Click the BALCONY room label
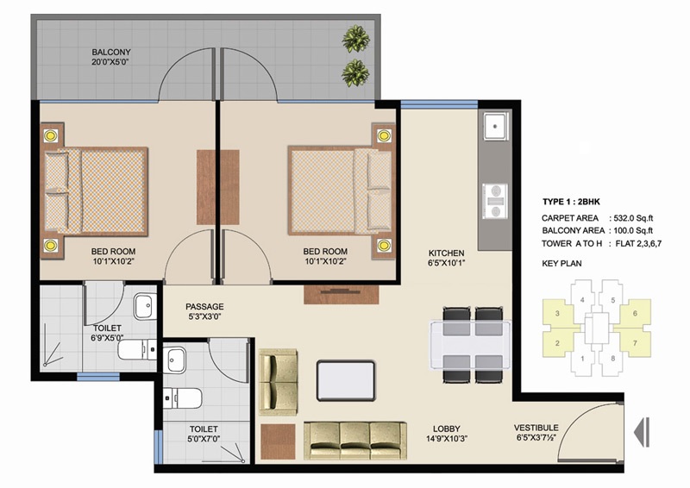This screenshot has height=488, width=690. pyautogui.click(x=111, y=52)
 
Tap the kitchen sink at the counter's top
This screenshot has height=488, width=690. pyautogui.click(x=496, y=126)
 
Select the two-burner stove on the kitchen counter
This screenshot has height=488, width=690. pyautogui.click(x=495, y=201)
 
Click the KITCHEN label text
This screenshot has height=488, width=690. pyautogui.click(x=446, y=253)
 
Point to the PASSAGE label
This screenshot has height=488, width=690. pyautogui.click(x=204, y=306)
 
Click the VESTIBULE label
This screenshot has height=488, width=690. pyautogui.click(x=536, y=428)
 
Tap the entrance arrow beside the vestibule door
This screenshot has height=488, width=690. pyautogui.click(x=642, y=432)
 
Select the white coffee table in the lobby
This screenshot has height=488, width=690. pyautogui.click(x=346, y=380)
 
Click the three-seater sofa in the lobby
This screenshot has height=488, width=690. pyautogui.click(x=354, y=441)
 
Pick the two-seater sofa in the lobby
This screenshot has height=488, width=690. pyautogui.click(x=278, y=382)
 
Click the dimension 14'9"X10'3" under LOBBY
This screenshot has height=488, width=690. pyautogui.click(x=446, y=439)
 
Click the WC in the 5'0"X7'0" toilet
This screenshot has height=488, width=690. pyautogui.click(x=183, y=398)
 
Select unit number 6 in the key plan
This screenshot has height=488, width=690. pyautogui.click(x=635, y=313)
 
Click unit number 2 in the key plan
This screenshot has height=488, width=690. pyautogui.click(x=557, y=343)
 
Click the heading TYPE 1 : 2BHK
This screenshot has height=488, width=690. pyautogui.click(x=571, y=202)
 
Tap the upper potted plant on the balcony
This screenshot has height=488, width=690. pyautogui.click(x=355, y=39)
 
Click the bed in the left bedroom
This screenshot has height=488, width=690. pyautogui.click(x=96, y=191)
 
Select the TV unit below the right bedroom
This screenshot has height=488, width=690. pyautogui.click(x=341, y=294)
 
